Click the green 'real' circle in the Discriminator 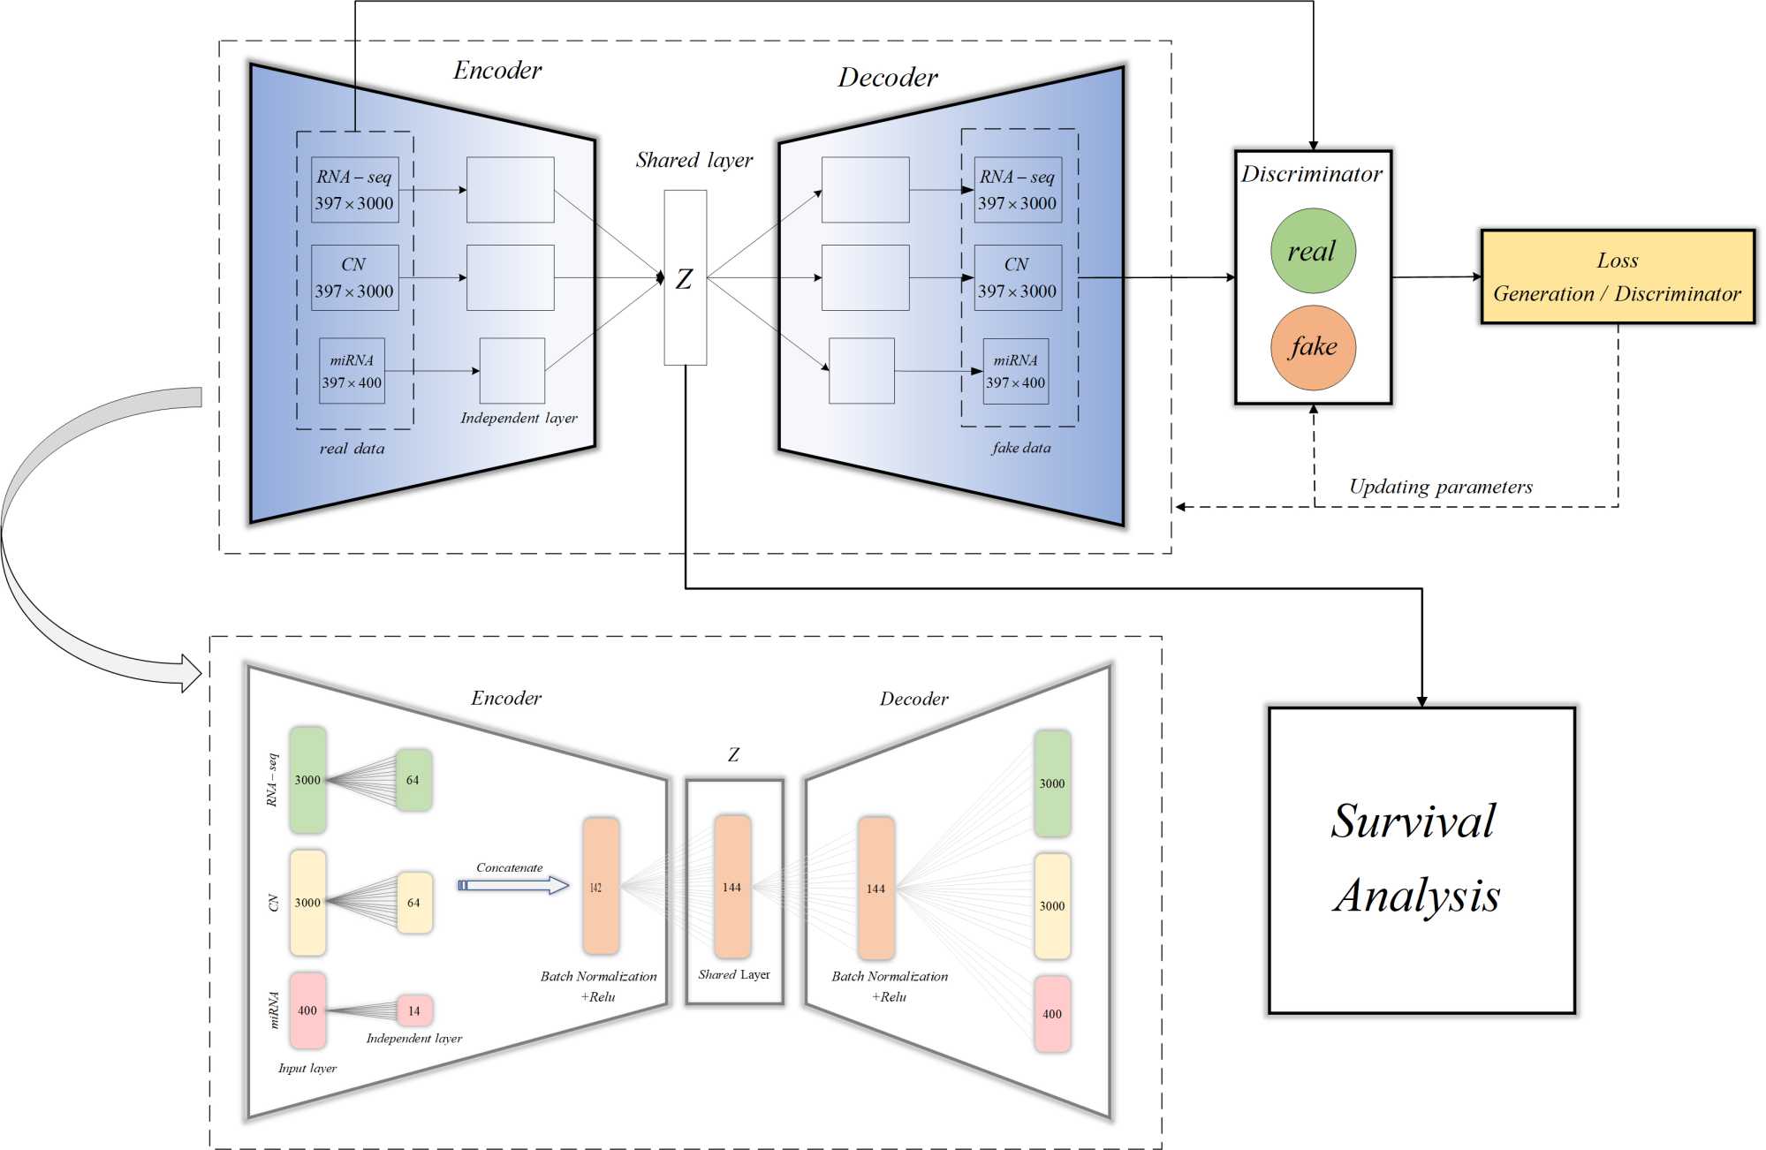tap(1313, 251)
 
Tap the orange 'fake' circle tap(1313, 347)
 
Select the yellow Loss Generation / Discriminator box tap(1617, 276)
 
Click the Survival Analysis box tap(1421, 859)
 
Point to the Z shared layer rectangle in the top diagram tap(685, 277)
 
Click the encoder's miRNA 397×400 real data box tap(352, 371)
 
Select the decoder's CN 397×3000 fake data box tap(1017, 277)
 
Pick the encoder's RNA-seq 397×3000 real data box tap(354, 190)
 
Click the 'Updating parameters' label tap(1440, 487)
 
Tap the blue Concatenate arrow tap(513, 885)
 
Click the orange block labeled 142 tap(600, 886)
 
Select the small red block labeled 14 tap(413, 1010)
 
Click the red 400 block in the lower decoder tap(1051, 1013)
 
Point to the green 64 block tap(413, 780)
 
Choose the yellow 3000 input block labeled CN tap(307, 902)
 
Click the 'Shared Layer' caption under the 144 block tap(733, 974)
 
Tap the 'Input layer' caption tap(307, 1068)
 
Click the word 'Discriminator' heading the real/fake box tap(1312, 174)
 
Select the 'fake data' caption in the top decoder tap(1021, 448)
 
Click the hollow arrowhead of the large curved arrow tap(191, 673)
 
